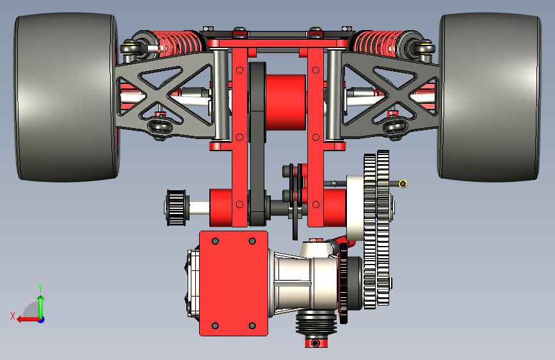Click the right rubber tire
coord(490,97)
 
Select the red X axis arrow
coord(29,320)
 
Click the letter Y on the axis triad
coord(40,288)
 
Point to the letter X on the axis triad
coord(13,316)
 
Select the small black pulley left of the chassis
coord(176,208)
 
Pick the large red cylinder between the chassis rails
coord(286,102)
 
